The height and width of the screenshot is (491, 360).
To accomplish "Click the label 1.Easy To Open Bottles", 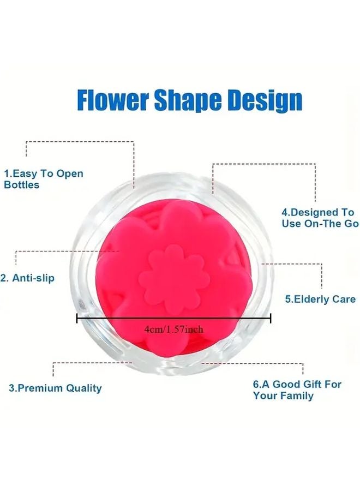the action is pos(44,179).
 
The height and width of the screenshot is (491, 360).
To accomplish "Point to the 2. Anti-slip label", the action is pos(28,278).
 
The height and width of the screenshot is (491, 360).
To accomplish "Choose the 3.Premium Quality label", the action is pos(55,388).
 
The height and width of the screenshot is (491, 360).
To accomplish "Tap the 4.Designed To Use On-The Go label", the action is pos(320,218).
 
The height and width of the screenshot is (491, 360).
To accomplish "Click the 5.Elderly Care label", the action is pos(320,299).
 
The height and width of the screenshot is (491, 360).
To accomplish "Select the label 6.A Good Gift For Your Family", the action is pos(297,390).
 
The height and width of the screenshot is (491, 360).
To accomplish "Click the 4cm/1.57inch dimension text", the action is pos(174,330).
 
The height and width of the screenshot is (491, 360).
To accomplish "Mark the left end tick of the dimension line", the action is pos(77,319).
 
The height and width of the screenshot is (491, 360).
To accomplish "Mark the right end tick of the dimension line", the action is pos(271,319).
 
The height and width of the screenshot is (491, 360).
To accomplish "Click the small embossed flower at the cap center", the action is pos(174,278).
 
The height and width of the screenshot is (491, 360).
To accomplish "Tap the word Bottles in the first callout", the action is pos(22,185).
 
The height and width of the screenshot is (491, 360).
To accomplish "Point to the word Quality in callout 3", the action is pos(83,388).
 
